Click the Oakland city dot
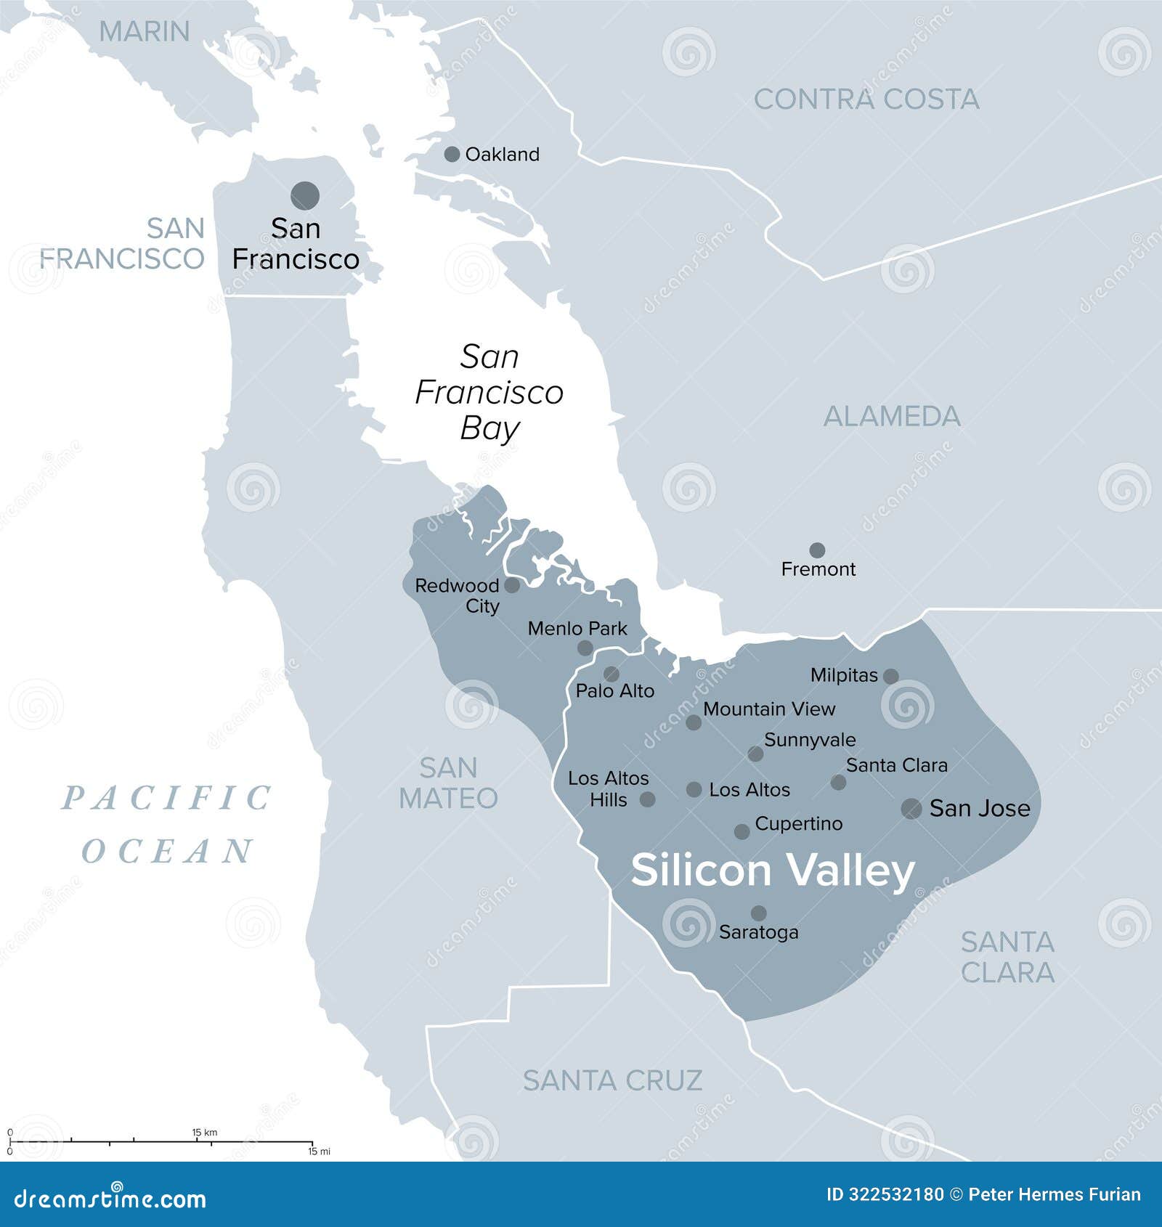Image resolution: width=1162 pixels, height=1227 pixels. pyautogui.click(x=452, y=154)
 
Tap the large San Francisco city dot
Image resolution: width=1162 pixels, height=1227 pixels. pyautogui.click(x=305, y=195)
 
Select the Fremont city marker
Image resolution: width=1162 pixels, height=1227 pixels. pyautogui.click(x=817, y=550)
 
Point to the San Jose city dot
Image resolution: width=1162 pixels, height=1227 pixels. pyautogui.click(x=911, y=808)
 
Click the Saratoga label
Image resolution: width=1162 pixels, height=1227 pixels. pyautogui.click(x=758, y=932)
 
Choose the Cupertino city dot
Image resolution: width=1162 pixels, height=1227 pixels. pyautogui.click(x=742, y=831)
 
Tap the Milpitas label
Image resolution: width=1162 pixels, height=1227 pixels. pyautogui.click(x=844, y=675)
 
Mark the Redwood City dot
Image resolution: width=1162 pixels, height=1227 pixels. pyautogui.click(x=512, y=585)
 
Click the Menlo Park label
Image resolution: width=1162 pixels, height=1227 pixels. pyautogui.click(x=577, y=629)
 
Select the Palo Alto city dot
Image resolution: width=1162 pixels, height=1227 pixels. pyautogui.click(x=612, y=674)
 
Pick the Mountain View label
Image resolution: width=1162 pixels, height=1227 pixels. pyautogui.click(x=769, y=709)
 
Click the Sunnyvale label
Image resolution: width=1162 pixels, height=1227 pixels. pyautogui.click(x=810, y=740)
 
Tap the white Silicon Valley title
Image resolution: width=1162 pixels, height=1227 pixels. pyautogui.click(x=772, y=870)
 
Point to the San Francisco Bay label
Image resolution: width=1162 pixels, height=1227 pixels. pyautogui.click(x=489, y=392)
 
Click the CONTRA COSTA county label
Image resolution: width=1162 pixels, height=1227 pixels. pyautogui.click(x=866, y=99)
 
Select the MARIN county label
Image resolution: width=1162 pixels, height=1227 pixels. pyautogui.click(x=144, y=31)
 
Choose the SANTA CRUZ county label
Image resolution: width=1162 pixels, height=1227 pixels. pyautogui.click(x=612, y=1080)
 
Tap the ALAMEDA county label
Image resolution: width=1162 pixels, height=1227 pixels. pyautogui.click(x=891, y=416)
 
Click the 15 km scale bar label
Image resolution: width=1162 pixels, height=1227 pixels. pyautogui.click(x=204, y=1132)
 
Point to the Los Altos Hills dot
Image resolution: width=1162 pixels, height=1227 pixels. pyautogui.click(x=647, y=799)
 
